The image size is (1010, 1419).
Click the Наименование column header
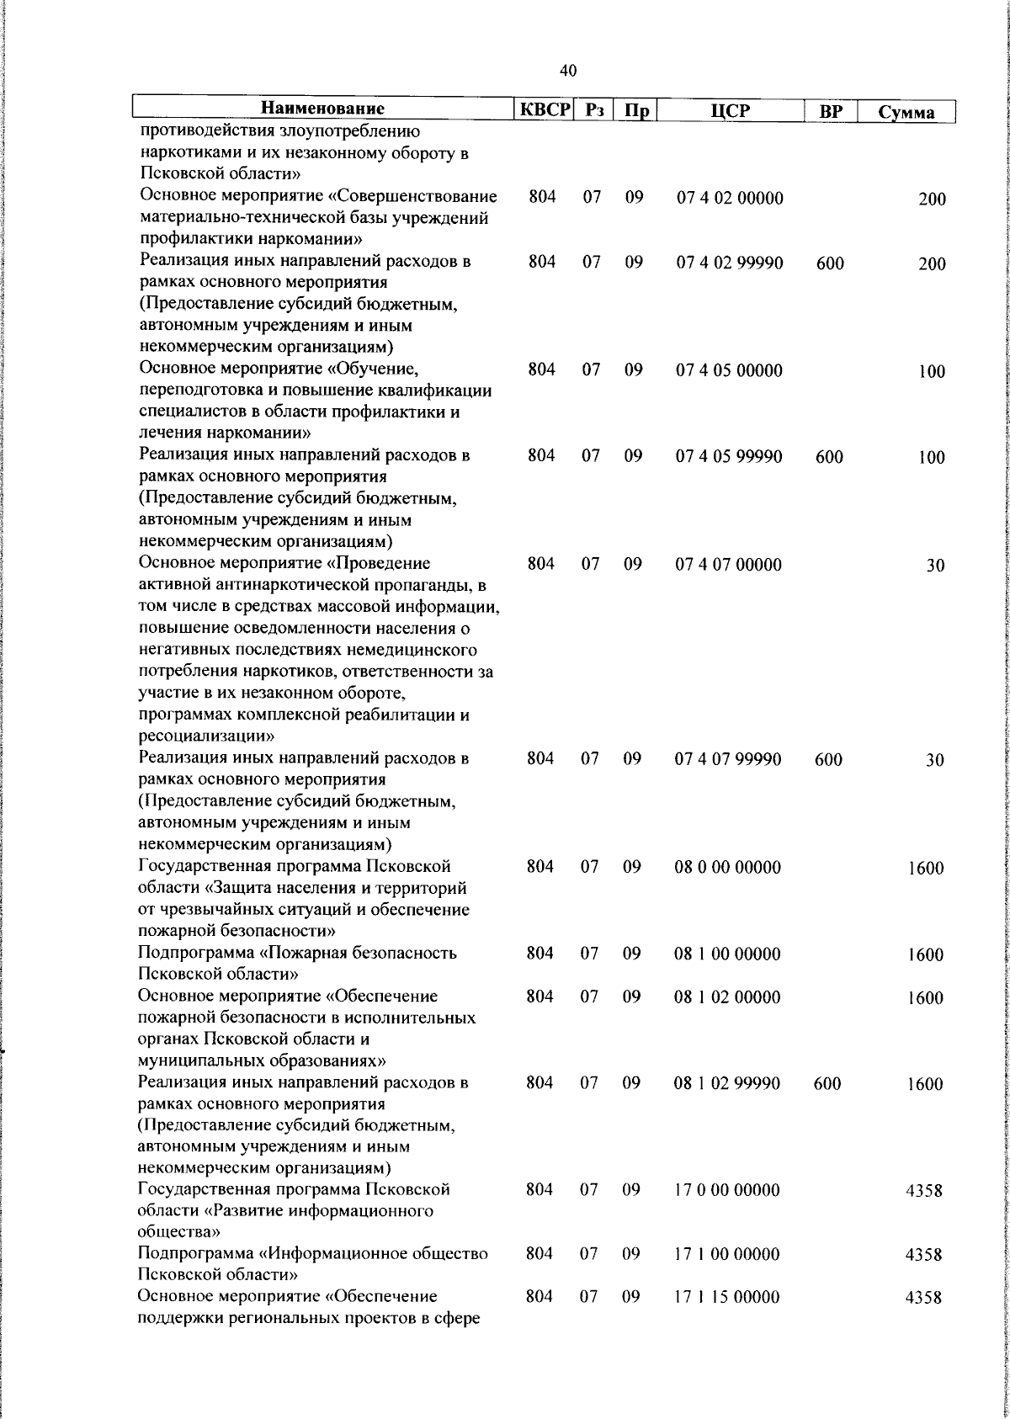click(322, 109)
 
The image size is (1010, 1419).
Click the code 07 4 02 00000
click(730, 199)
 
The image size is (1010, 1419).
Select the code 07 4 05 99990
click(729, 456)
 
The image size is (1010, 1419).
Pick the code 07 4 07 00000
click(728, 564)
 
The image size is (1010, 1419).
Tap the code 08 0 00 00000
click(727, 867)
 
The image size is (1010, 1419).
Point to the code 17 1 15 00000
click(726, 1297)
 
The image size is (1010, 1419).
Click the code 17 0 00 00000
click(726, 1190)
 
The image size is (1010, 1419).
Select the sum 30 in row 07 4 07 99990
click(935, 760)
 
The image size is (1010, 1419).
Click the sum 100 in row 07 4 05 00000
click(932, 372)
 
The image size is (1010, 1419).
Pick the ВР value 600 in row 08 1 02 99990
click(827, 1083)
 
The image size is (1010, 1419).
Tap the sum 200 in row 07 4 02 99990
click(932, 264)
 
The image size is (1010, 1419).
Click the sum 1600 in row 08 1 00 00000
click(925, 955)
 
